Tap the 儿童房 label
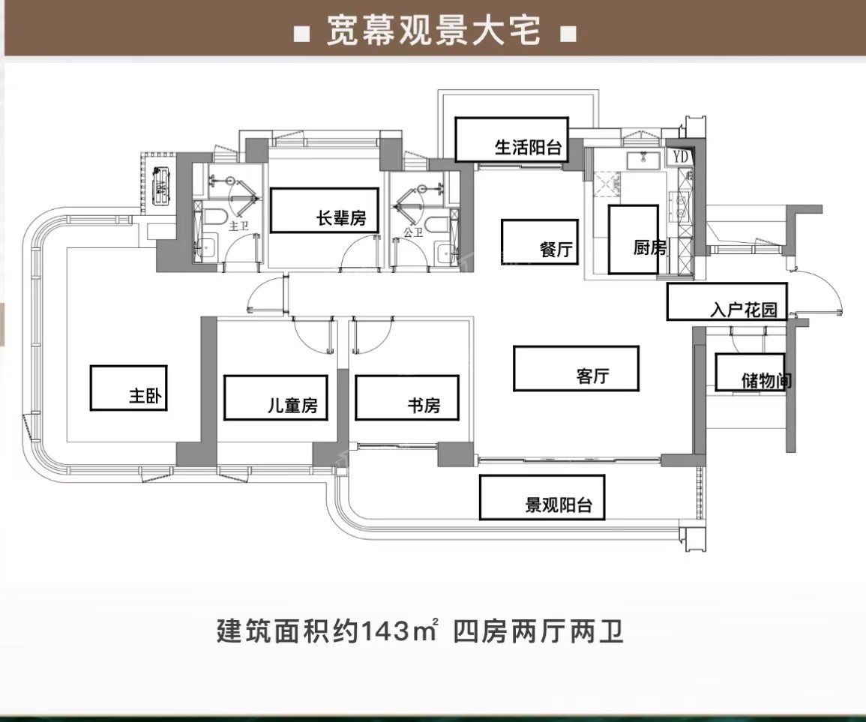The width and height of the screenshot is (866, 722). click(292, 406)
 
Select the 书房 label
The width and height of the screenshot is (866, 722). click(423, 406)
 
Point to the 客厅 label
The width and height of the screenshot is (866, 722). click(593, 376)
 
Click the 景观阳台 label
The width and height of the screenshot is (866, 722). click(559, 505)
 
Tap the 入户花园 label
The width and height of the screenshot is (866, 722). click(744, 310)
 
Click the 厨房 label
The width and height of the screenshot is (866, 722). click(649, 247)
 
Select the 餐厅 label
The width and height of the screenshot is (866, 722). click(556, 250)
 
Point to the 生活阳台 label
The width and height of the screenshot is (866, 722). click(528, 147)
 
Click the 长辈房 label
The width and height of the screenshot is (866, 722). click(341, 219)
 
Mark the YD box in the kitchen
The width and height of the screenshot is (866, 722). click(680, 157)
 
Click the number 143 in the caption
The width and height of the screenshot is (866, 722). click(385, 632)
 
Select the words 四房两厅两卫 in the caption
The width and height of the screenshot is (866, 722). click(539, 632)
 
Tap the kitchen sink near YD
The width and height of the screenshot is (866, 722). click(643, 158)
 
